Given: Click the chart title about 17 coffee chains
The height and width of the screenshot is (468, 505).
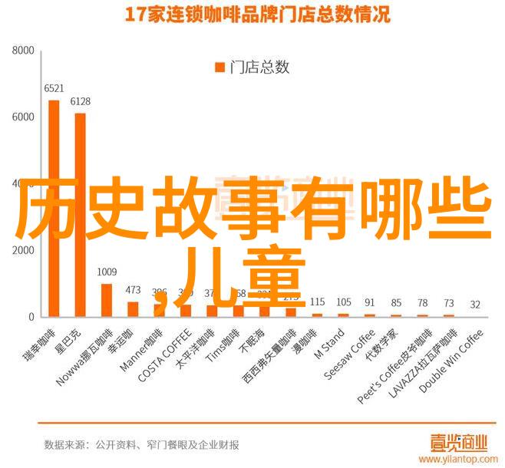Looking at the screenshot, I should point(253,15).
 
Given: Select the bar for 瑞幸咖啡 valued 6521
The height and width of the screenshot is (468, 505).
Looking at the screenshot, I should point(54,207).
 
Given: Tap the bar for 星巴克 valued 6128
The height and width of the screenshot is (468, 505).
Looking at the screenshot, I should point(80,214).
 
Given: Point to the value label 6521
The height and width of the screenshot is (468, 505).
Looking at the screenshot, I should point(54,88).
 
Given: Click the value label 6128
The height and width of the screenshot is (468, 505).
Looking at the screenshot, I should point(80,101).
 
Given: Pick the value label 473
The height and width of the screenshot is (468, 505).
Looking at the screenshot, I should point(134,290).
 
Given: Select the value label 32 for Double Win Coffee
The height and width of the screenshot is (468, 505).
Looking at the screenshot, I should point(475,305).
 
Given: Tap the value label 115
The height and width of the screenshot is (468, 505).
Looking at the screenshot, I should point(318,302).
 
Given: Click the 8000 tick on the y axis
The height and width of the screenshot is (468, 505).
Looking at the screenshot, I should point(24,50).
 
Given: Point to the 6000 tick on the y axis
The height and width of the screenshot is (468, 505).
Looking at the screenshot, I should point(24,117).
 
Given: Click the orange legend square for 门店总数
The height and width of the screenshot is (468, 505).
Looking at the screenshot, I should point(218,67).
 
